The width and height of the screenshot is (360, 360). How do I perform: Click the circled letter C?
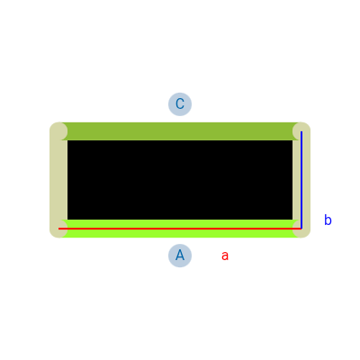point(180,104)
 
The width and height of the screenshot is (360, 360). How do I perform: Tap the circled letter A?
point(180,256)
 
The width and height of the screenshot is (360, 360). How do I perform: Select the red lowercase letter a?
point(225,256)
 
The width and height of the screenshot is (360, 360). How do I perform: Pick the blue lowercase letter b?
point(328,220)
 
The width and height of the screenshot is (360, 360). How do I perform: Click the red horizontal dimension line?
point(180,229)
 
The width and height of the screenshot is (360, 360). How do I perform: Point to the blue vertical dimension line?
point(301,180)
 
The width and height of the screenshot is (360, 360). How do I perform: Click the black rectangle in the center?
point(180,180)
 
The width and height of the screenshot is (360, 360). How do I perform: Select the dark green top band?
point(180,131)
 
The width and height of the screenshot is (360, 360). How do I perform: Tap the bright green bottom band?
point(180,229)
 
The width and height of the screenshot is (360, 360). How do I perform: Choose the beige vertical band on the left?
point(58,180)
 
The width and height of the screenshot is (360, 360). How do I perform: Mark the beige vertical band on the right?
point(301,180)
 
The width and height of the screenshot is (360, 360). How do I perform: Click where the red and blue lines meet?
point(301,229)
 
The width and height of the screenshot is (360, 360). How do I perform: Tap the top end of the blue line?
point(301,131)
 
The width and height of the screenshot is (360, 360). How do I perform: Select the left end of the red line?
point(58,229)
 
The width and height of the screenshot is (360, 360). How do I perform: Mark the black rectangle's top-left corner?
point(67,140)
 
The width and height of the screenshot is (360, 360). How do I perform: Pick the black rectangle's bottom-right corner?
point(292,220)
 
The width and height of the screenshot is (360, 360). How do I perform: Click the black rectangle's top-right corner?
point(292,140)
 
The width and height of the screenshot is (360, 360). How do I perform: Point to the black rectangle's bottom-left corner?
point(67,220)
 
